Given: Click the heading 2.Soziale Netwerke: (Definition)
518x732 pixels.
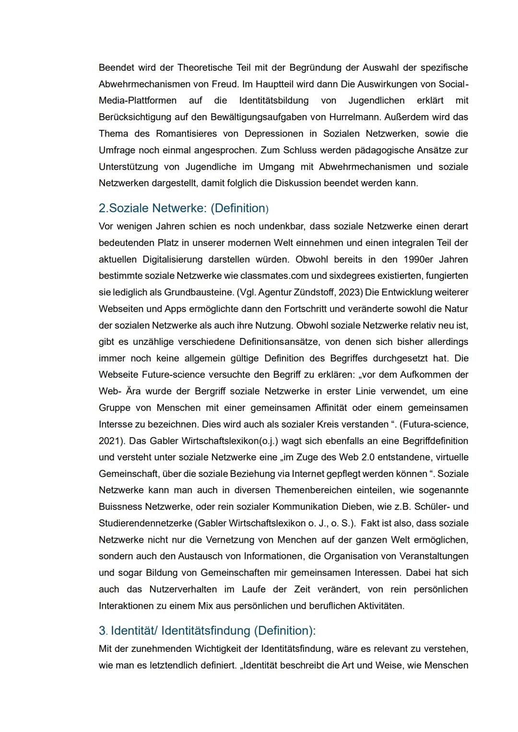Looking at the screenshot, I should [183, 209].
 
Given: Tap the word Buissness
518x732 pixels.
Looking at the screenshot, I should [120, 507].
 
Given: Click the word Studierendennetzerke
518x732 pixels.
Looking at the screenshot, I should [146, 523].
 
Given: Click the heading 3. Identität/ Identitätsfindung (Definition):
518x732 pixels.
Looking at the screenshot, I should [207, 631].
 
